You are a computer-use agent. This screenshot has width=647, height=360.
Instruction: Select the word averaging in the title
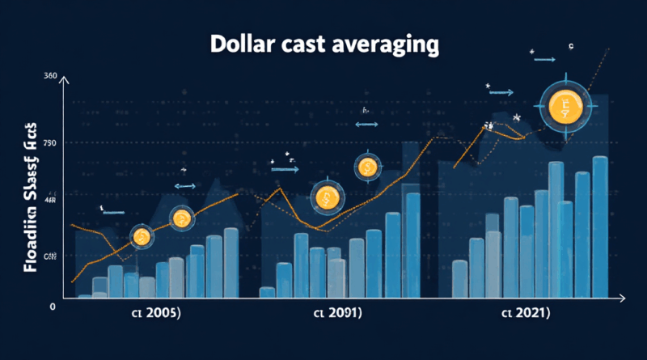click(386, 45)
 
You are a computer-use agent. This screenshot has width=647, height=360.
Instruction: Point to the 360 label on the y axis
click(49, 76)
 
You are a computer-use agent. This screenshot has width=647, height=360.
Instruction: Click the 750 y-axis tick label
click(49, 143)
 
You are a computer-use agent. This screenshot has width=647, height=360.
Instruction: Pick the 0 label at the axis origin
click(52, 307)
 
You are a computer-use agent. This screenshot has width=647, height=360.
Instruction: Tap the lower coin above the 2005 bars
click(142, 237)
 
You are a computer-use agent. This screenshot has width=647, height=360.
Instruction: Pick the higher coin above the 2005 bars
click(180, 217)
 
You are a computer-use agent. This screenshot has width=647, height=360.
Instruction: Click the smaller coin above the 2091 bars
click(366, 167)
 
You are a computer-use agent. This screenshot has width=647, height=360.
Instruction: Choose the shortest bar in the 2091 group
click(267, 292)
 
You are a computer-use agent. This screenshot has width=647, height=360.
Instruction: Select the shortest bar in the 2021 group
click(459, 278)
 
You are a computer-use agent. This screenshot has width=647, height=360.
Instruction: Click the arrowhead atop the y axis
click(64, 78)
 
